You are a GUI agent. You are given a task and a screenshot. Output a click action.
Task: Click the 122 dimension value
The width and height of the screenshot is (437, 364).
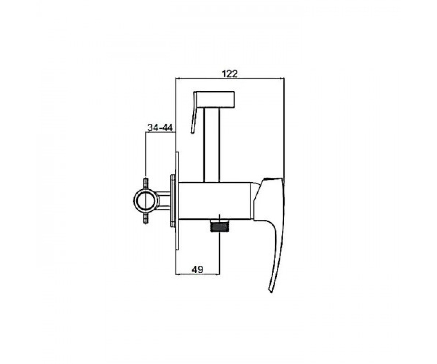[229, 74]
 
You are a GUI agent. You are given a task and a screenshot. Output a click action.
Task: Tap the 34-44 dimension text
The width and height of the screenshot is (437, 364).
[160, 127]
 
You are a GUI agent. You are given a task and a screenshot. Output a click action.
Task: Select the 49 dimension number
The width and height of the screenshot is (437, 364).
[198, 269]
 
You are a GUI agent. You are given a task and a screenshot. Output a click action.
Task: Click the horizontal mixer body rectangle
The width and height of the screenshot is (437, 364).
[215, 201]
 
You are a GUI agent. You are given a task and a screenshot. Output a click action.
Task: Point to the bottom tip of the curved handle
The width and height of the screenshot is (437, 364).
[271, 292]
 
